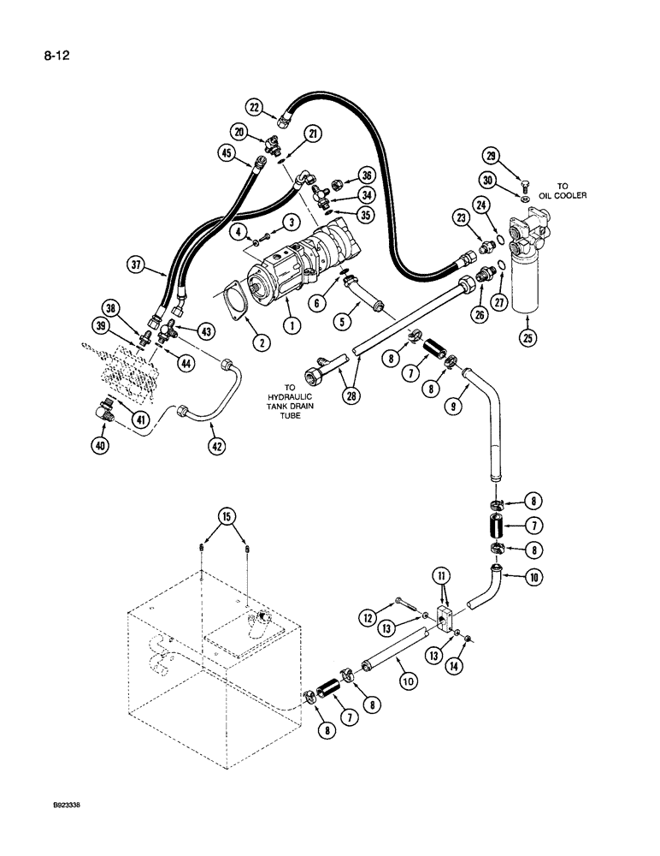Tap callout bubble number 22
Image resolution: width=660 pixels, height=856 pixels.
pos(255,107)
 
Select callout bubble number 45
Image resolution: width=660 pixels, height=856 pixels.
pos(226,153)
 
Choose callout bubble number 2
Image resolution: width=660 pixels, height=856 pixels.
pos(228,325)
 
